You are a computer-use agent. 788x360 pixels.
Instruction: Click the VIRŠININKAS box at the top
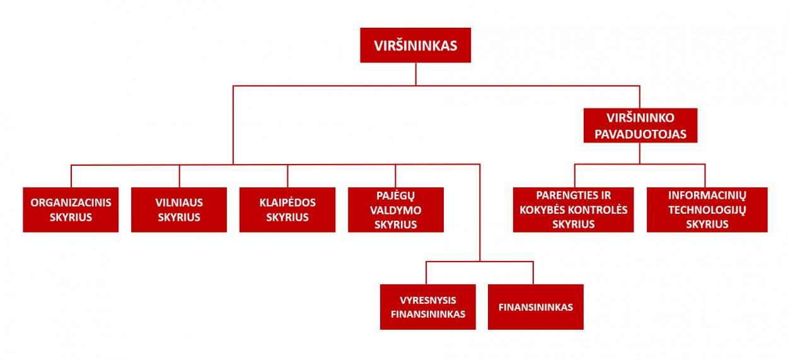coord(415,45)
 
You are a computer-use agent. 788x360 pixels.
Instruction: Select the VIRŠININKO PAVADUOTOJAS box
coord(640,125)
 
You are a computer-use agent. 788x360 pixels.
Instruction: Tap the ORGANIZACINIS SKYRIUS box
coord(71,210)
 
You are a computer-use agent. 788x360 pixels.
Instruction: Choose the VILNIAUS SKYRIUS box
coord(179,210)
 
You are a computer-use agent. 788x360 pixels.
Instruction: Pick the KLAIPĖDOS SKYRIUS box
coord(287,210)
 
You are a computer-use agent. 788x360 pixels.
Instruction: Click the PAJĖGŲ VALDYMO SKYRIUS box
coord(396,210)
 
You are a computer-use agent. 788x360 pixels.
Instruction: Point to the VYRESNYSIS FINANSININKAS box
coord(428,307)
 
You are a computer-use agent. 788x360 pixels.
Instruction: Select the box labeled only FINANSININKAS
coord(536,307)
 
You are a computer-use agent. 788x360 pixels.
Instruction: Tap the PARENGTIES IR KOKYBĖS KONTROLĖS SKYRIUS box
coord(573,210)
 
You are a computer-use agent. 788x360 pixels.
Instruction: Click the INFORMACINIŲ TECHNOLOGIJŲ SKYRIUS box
coord(707,210)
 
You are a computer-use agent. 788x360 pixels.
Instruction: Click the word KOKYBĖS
coord(547,210)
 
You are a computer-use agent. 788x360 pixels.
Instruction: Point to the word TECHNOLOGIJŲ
coord(707,210)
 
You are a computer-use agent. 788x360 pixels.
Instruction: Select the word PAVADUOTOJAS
coord(640,134)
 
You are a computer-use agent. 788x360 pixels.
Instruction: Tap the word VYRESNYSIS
coord(428,300)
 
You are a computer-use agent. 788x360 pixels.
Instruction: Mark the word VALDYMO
coord(396,210)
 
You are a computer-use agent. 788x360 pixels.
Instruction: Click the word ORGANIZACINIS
coord(71,203)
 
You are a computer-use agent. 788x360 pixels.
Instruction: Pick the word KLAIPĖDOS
coord(287,203)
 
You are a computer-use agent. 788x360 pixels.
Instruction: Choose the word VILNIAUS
coord(179,203)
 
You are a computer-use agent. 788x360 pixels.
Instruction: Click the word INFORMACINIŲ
coord(707,195)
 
